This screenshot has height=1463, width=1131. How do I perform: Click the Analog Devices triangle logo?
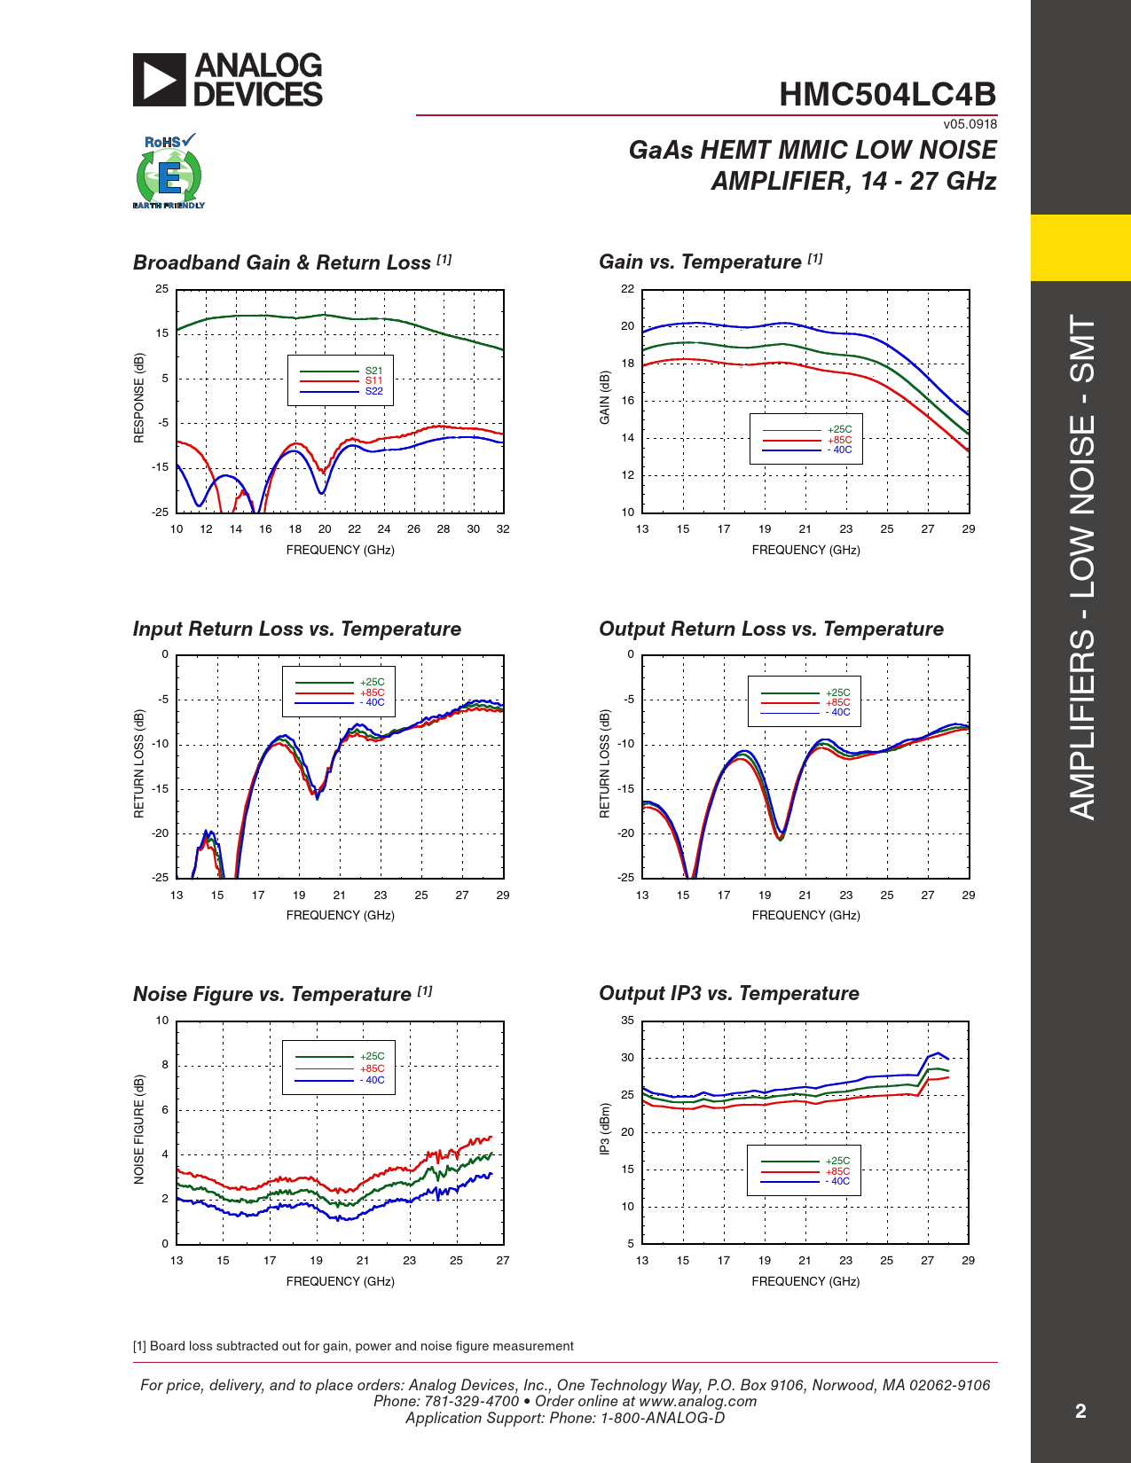click(x=159, y=80)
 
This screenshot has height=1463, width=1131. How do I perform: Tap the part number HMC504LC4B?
click(x=887, y=94)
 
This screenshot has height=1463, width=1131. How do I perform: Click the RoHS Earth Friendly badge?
click(x=169, y=171)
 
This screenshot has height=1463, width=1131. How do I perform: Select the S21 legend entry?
click(x=341, y=371)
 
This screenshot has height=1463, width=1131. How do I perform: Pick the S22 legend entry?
click(x=341, y=391)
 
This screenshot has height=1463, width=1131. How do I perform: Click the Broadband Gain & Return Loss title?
click(x=292, y=262)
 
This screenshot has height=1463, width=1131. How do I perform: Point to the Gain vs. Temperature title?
click(x=711, y=262)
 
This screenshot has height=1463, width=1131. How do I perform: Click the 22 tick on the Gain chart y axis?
click(x=627, y=289)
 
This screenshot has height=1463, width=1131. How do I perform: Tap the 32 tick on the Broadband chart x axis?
click(x=502, y=529)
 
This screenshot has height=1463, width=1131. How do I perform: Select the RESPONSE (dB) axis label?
click(x=138, y=398)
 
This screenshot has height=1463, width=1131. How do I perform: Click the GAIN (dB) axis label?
click(x=605, y=398)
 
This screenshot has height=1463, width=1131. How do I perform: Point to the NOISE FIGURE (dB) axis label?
click(x=138, y=1129)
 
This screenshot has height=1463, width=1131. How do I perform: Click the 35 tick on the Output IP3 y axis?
click(x=627, y=1020)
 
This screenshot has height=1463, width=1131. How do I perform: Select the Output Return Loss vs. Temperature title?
click(x=771, y=629)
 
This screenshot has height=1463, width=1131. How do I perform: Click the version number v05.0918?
click(x=970, y=124)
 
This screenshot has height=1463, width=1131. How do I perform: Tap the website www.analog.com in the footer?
click(x=697, y=1401)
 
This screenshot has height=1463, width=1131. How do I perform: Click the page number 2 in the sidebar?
click(x=1080, y=1412)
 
